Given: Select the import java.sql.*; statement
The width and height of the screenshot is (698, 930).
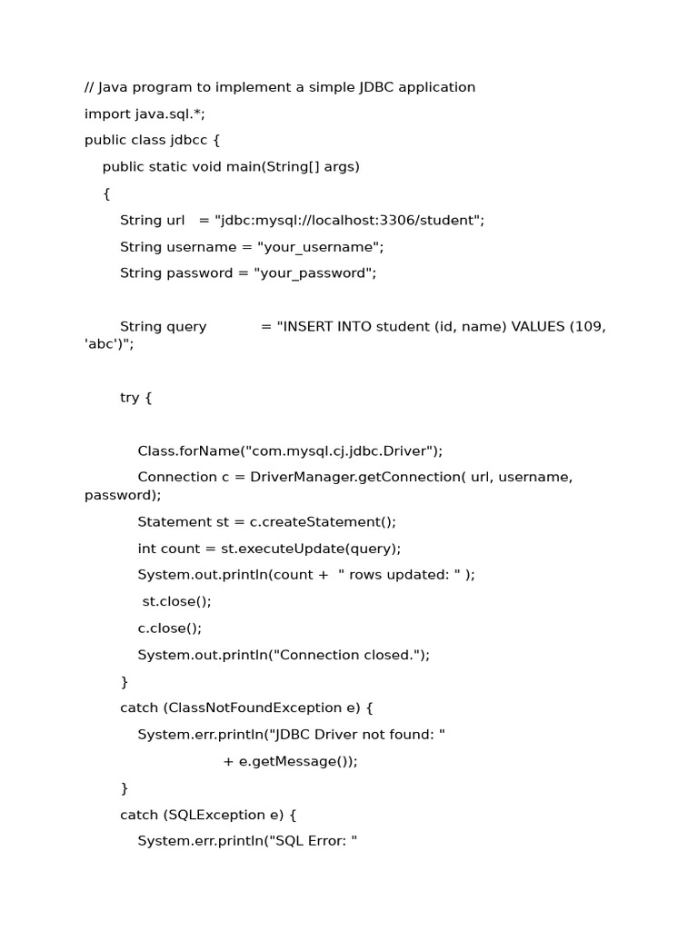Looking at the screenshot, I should (145, 114).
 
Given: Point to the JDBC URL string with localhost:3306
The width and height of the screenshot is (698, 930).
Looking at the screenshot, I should (349, 220).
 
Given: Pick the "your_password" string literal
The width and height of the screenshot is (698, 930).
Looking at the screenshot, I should (314, 273).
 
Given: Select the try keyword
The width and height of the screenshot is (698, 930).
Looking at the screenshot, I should (130, 398).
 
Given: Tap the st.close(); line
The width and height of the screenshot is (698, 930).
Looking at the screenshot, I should (176, 601).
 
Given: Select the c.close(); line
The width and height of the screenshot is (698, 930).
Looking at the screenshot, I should (169, 628).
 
